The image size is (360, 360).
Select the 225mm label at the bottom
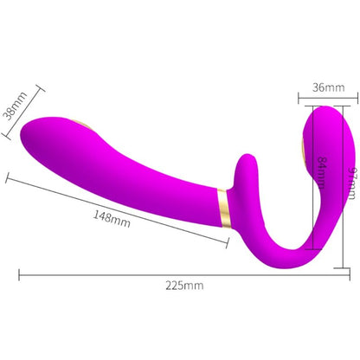185,285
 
